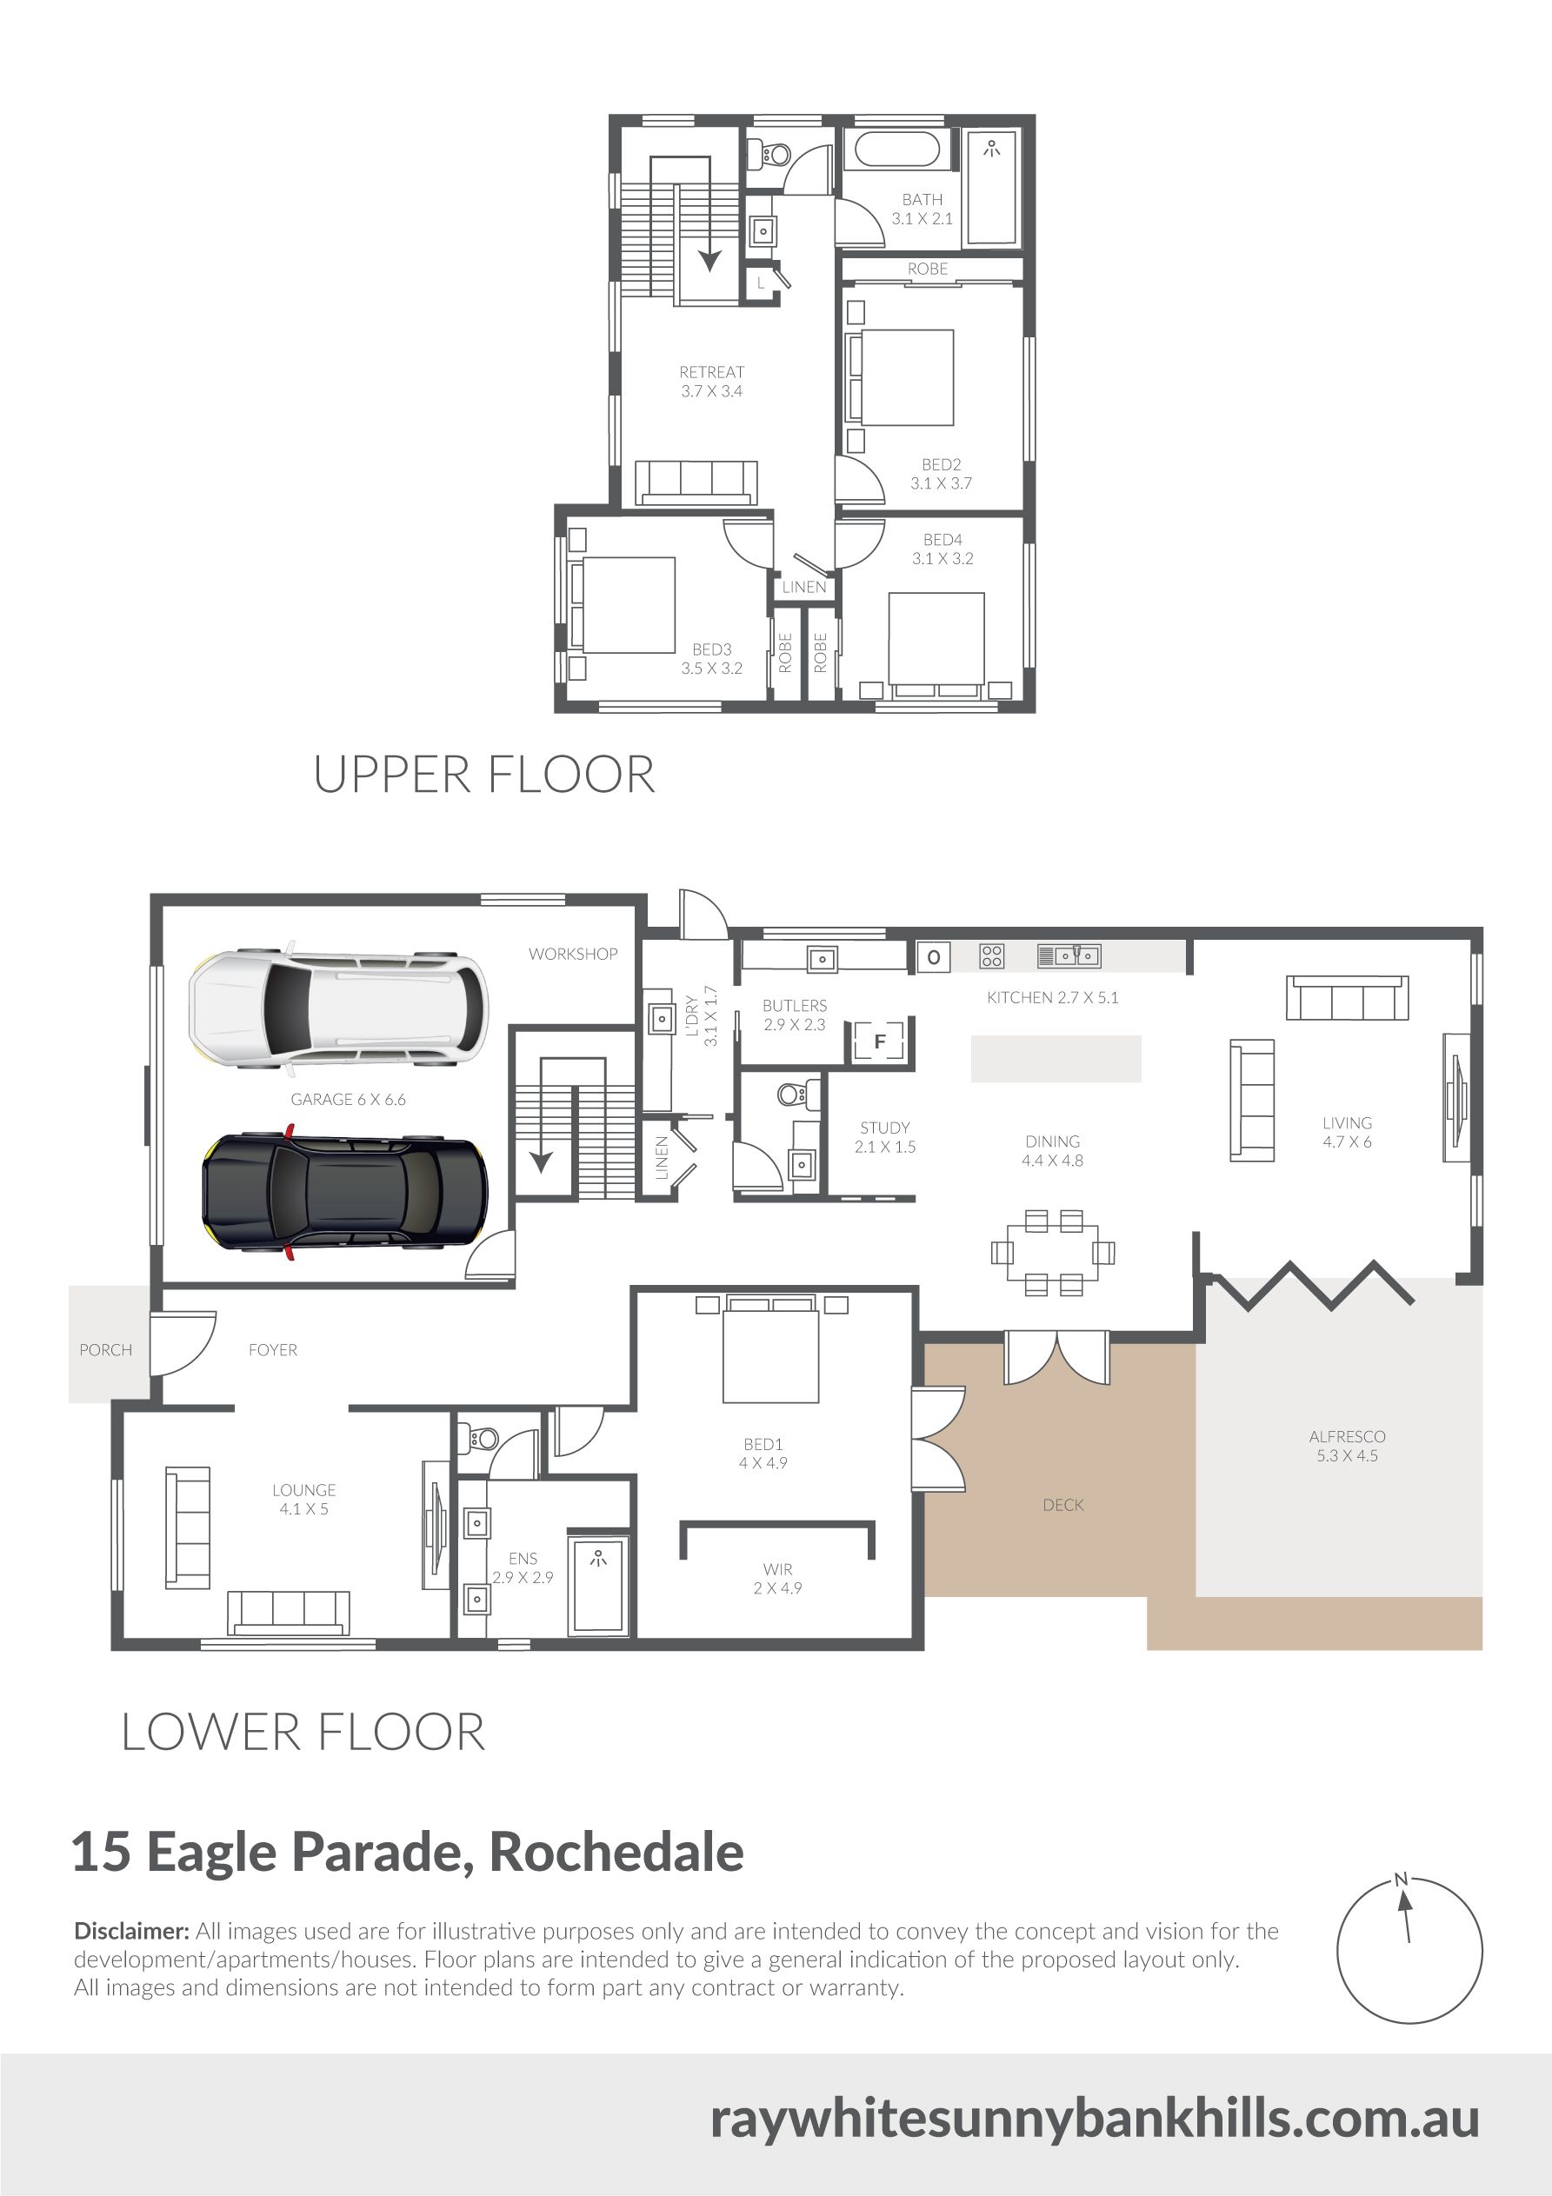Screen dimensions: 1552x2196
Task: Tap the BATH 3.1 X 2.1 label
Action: pos(923,209)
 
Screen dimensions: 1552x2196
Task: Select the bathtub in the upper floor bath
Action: pos(897,150)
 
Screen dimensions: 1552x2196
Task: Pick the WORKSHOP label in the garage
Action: pos(573,954)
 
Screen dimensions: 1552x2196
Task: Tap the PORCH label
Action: pos(105,1349)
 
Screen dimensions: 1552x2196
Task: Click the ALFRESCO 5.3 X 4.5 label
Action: pos(1347,1445)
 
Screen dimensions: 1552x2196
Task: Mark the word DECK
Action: pos(1063,1505)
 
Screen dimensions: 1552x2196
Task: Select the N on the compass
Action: pos(1402,1879)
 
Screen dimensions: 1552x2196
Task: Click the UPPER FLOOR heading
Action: pos(484,774)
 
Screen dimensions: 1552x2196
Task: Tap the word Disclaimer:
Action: pos(131,1930)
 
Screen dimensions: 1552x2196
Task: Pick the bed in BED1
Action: pos(770,1348)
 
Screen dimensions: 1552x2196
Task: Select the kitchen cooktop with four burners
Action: pos(991,955)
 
